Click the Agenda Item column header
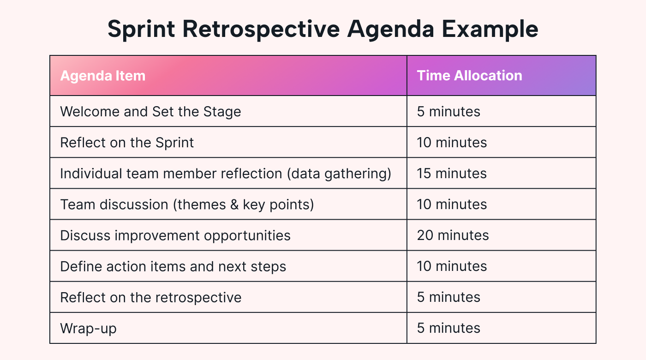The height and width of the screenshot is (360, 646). click(x=103, y=76)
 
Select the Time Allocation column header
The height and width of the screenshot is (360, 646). click(x=469, y=76)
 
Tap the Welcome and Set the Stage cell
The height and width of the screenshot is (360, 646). click(x=150, y=112)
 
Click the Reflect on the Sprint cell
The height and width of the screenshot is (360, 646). click(x=127, y=143)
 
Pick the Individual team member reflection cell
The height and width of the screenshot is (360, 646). click(x=226, y=174)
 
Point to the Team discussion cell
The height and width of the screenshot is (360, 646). click(x=187, y=204)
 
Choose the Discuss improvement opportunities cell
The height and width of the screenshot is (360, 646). click(x=175, y=235)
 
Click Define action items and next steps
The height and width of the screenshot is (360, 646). click(x=173, y=266)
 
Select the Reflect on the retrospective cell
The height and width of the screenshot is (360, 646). click(x=151, y=297)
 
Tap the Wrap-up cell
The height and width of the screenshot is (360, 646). click(x=88, y=328)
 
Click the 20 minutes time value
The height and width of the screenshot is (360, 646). click(x=453, y=235)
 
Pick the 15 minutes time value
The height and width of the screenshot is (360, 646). click(x=452, y=174)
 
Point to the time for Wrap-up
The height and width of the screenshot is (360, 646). click(x=449, y=328)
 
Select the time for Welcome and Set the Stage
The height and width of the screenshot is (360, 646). click(x=449, y=112)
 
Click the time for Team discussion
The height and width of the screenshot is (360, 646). click(x=452, y=204)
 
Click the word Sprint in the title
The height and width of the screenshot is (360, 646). click(x=141, y=30)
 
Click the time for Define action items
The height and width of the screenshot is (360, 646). click(x=452, y=266)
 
